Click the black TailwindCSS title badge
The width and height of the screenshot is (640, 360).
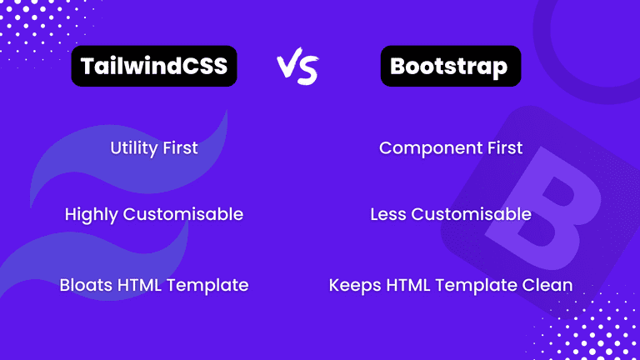click(x=153, y=67)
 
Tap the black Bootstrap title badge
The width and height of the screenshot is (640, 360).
click(x=451, y=67)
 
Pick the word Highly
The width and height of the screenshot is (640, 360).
click(x=92, y=214)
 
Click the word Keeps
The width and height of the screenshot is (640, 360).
click(x=353, y=285)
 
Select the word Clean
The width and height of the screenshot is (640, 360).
click(x=547, y=285)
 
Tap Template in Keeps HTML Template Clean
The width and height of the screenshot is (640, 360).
click(x=479, y=285)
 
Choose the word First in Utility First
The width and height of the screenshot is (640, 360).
click(x=179, y=148)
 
